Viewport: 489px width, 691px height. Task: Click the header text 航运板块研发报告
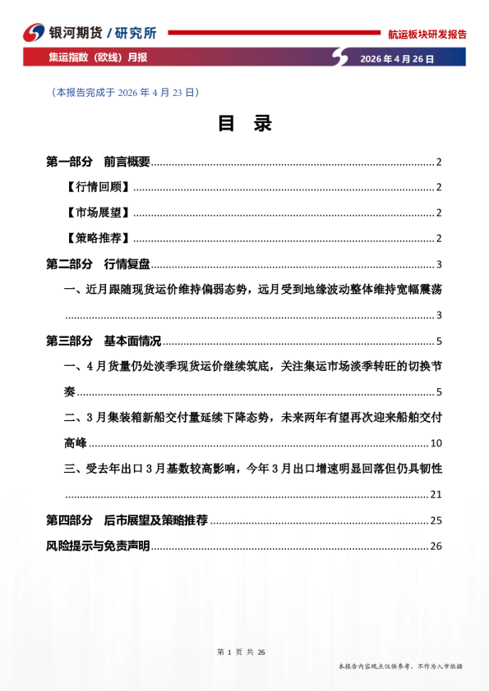(x=427, y=34)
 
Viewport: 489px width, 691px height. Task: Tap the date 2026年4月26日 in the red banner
(x=397, y=59)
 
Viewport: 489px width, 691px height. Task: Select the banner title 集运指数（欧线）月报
(x=98, y=58)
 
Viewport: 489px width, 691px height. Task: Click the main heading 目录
(x=244, y=124)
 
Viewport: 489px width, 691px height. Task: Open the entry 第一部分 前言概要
(x=98, y=162)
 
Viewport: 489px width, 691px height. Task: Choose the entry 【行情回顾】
(x=96, y=187)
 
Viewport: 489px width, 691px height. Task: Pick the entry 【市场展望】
(x=96, y=213)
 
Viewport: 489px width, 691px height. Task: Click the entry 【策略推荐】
(x=96, y=238)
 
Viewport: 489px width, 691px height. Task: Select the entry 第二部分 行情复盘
(x=98, y=264)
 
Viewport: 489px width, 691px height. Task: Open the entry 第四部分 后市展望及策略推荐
(x=127, y=520)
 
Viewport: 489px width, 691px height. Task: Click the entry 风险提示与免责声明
(x=98, y=547)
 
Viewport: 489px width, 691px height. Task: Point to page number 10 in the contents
(x=436, y=444)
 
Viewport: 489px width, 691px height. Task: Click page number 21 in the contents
(x=436, y=495)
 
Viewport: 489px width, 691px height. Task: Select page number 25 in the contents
(x=436, y=521)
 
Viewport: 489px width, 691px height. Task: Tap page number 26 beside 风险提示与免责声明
(x=436, y=547)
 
